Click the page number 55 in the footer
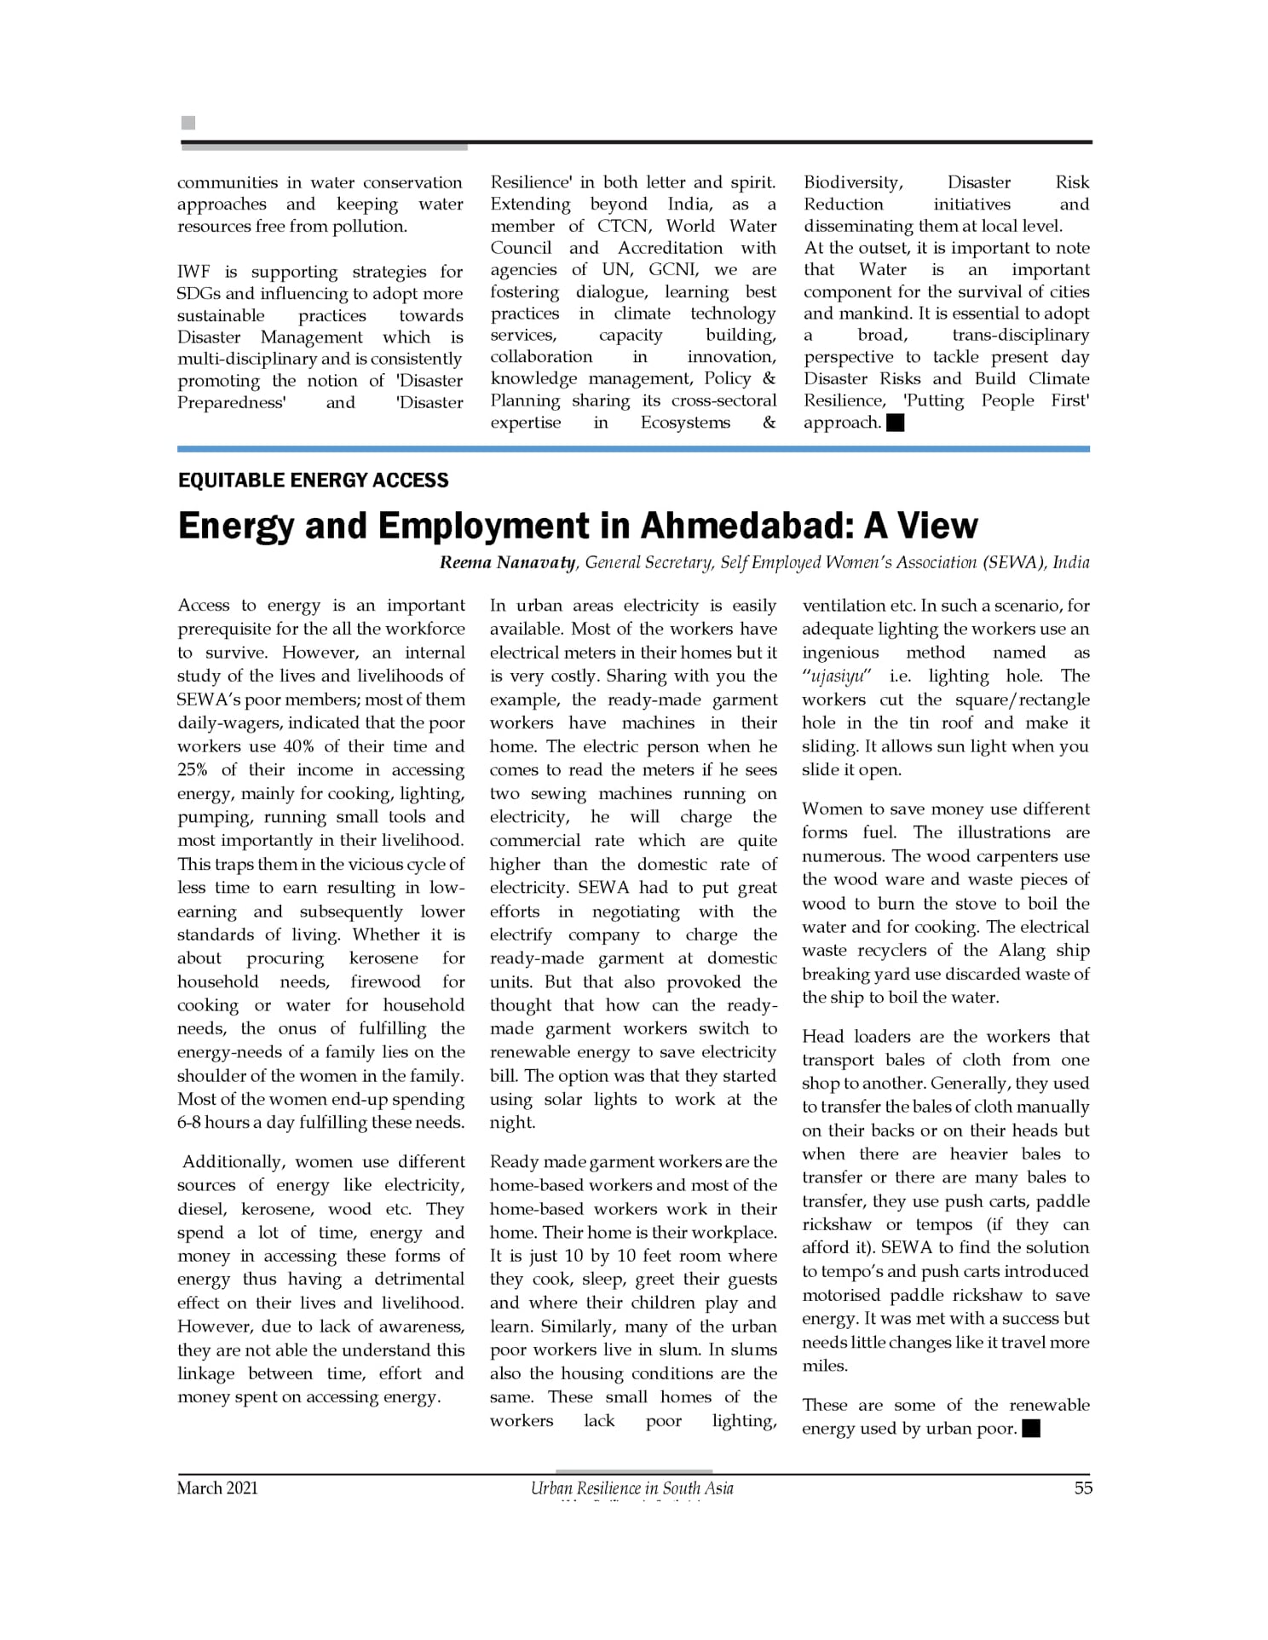(x=1082, y=1488)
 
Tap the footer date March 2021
(x=217, y=1488)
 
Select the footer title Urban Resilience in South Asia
(x=631, y=1488)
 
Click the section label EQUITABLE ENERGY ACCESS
(x=313, y=480)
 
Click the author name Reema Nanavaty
(x=507, y=562)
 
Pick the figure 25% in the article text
(x=192, y=770)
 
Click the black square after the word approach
(x=895, y=423)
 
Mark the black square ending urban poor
(x=1031, y=1429)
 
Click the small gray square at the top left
(x=188, y=123)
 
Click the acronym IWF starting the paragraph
(x=193, y=272)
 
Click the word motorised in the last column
(x=840, y=1295)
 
